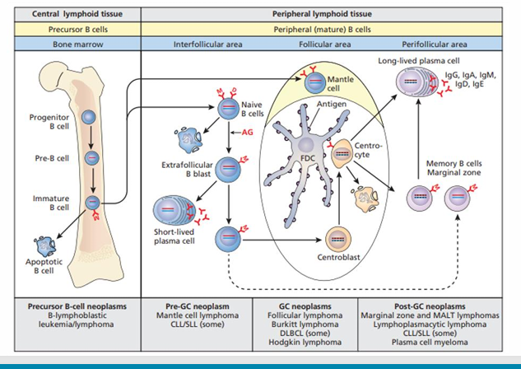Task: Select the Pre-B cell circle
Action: pos(92,157)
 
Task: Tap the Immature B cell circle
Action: pos(93,200)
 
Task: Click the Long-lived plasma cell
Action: pos(412,86)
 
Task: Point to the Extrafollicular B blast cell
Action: pos(227,169)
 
